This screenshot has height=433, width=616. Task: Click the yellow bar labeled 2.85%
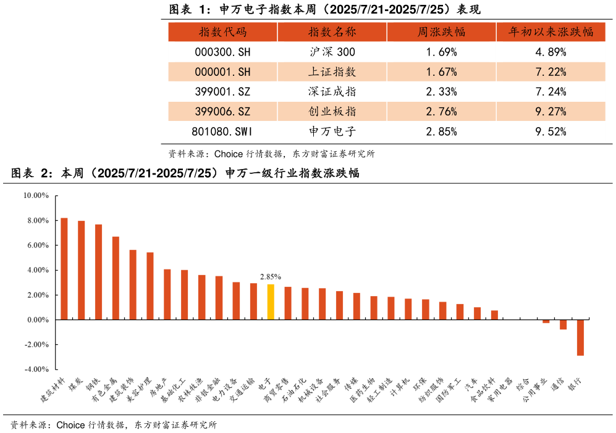(x=271, y=302)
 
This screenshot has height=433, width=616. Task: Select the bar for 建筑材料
(x=64, y=268)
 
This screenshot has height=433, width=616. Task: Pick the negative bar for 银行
(x=580, y=337)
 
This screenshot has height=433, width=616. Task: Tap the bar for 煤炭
(x=81, y=270)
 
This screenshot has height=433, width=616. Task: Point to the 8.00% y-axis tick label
(x=35, y=220)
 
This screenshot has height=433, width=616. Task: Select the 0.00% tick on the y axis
(x=36, y=320)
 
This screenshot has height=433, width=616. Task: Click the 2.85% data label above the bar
(x=271, y=277)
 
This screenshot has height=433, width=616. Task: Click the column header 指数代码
(x=222, y=32)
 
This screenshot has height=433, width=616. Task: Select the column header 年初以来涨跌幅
(x=551, y=32)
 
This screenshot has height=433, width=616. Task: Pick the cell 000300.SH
(x=222, y=52)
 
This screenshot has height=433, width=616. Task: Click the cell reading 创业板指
(x=332, y=112)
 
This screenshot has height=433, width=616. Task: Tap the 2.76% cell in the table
(x=441, y=112)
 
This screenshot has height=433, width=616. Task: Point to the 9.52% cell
(x=551, y=131)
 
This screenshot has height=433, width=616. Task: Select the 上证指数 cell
(x=332, y=72)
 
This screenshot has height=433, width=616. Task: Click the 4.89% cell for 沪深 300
(x=551, y=52)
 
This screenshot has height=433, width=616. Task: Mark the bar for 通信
(x=563, y=324)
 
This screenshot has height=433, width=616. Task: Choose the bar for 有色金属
(x=116, y=278)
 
